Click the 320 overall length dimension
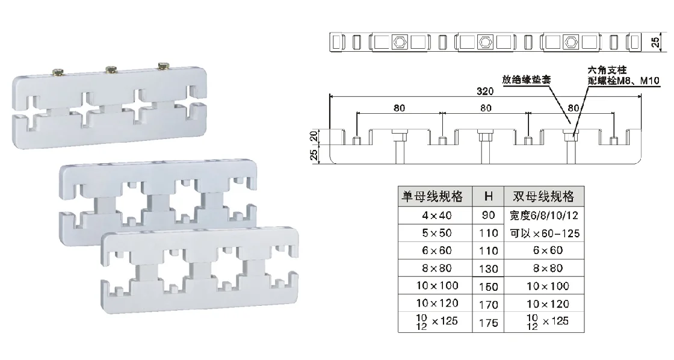pos(485,91)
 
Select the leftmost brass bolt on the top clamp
pos(58,72)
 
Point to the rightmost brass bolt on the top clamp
pos(164,66)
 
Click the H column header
pos(488,197)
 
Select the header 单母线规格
pos(433,197)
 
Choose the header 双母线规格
pos(544,197)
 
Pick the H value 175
pos(488,323)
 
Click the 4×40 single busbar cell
pos(437,215)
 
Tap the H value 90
pos(488,215)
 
